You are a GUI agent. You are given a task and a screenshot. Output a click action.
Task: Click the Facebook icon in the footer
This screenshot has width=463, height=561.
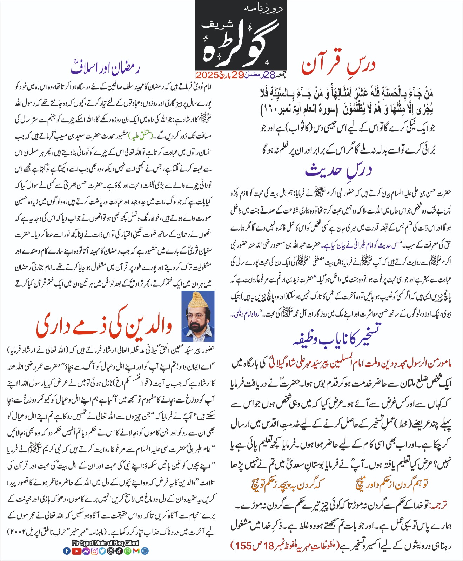tap(67, 551)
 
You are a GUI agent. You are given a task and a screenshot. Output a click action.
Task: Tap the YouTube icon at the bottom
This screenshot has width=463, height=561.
tap(76, 551)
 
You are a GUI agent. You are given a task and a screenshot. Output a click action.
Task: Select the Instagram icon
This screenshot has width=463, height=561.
tap(94, 551)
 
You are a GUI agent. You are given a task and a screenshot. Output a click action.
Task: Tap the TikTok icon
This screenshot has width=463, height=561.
tap(119, 551)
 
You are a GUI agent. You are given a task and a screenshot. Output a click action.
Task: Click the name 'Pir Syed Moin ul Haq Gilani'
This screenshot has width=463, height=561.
tap(105, 543)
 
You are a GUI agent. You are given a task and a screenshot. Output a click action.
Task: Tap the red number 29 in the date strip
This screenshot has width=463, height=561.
tap(237, 75)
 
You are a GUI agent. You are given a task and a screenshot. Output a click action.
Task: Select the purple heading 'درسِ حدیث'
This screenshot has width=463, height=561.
tap(339, 170)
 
